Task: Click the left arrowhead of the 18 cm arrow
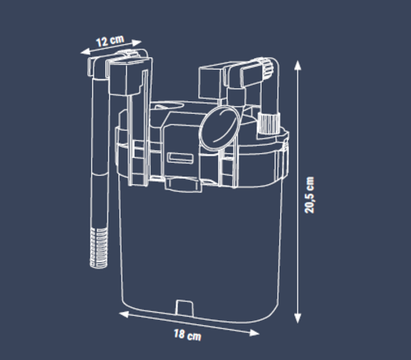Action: pyautogui.click(x=122, y=314)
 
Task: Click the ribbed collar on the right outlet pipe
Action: pyautogui.click(x=270, y=122)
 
